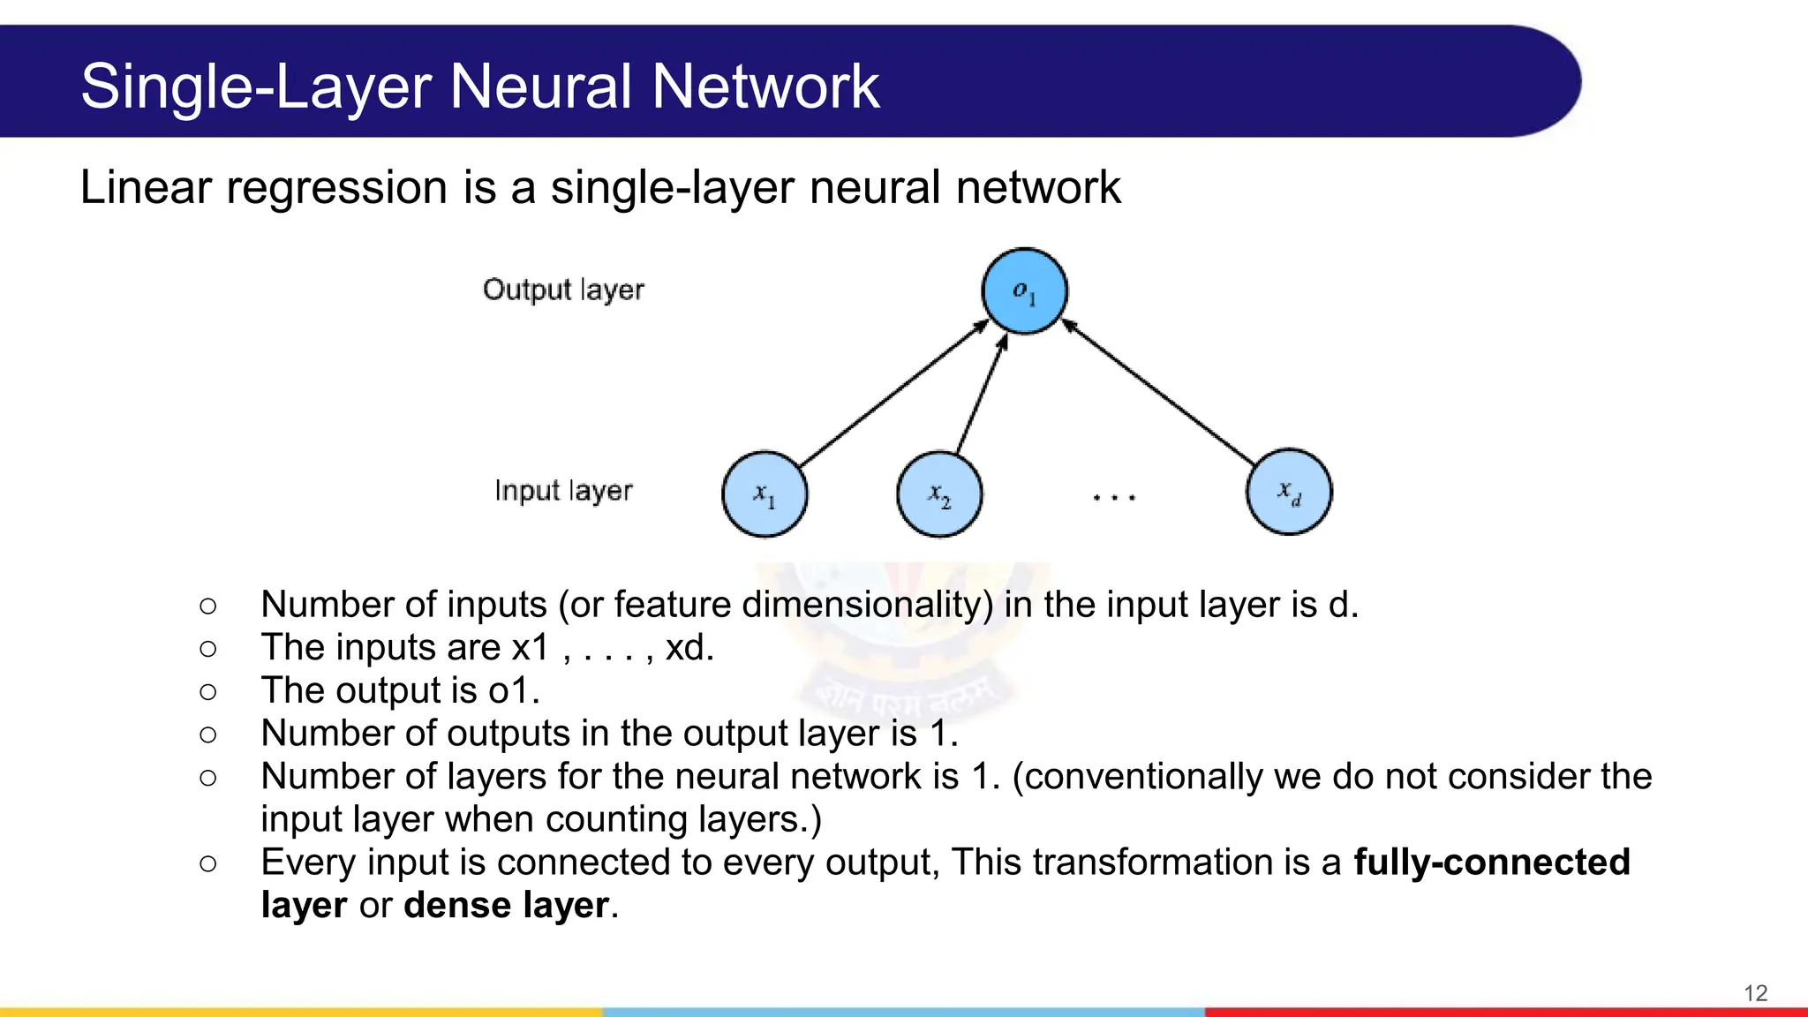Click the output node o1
click(x=1024, y=291)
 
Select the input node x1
click(x=765, y=493)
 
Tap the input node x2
click(x=939, y=493)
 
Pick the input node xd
click(x=1289, y=492)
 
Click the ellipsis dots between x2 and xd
click(x=1113, y=498)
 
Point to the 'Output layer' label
click(x=563, y=290)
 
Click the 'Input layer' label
click(x=563, y=491)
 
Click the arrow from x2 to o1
click(x=982, y=395)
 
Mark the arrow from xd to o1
click(x=1158, y=394)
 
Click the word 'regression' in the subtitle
click(x=337, y=188)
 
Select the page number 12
click(x=1755, y=993)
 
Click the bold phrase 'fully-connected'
click(x=1492, y=863)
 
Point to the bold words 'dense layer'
click(x=506, y=906)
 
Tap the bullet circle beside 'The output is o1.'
click(x=208, y=691)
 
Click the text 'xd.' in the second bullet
click(x=689, y=648)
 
